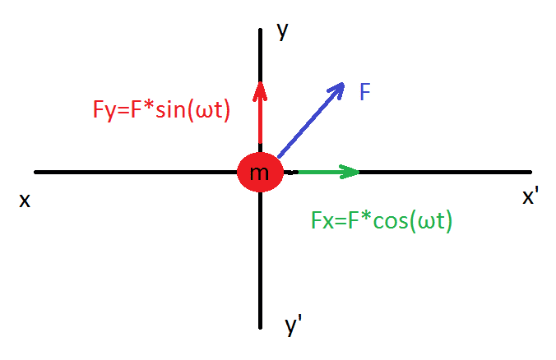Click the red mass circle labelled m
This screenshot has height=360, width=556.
[x=260, y=173]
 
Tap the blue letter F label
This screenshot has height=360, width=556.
[x=365, y=92]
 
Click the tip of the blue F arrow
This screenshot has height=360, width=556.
[x=344, y=83]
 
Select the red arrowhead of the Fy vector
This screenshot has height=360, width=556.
[x=260, y=91]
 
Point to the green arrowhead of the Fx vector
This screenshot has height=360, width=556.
[x=350, y=173]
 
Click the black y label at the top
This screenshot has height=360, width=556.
[x=283, y=31]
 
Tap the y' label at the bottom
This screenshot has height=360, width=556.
[x=293, y=325]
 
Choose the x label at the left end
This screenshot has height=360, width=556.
[x=25, y=201]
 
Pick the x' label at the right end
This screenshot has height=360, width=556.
[x=531, y=196]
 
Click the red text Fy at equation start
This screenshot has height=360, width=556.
[x=104, y=110]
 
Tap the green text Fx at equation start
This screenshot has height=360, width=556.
[x=322, y=220]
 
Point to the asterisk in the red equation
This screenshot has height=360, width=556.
[x=149, y=106]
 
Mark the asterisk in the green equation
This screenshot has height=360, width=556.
[x=366, y=217]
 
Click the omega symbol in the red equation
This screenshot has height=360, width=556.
[x=202, y=112]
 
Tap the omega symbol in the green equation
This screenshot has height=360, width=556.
[x=424, y=223]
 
